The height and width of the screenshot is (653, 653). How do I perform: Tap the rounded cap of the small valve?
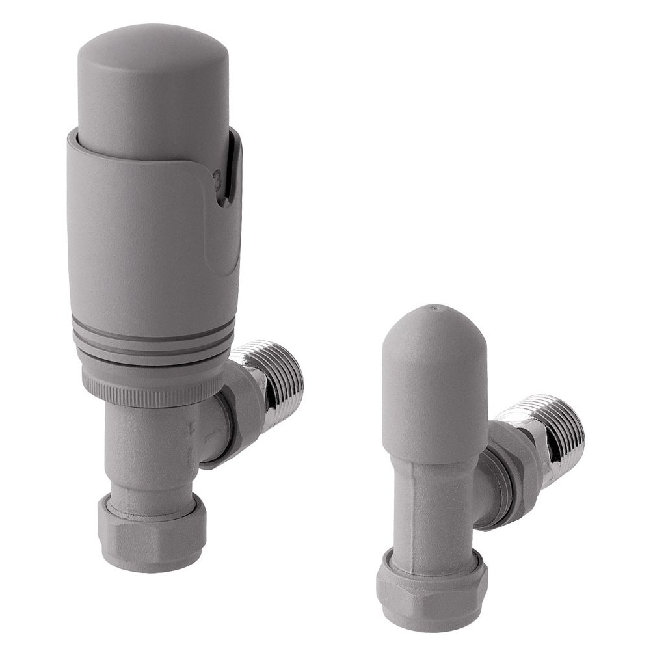tap(434, 377)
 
